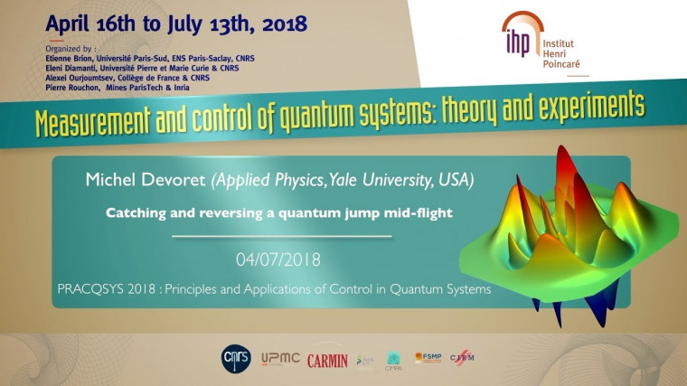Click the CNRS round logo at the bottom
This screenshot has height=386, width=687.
[x=233, y=359]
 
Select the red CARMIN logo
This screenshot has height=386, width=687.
[x=327, y=360]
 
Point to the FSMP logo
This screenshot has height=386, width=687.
[x=428, y=359]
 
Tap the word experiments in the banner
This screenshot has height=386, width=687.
[x=588, y=107]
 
